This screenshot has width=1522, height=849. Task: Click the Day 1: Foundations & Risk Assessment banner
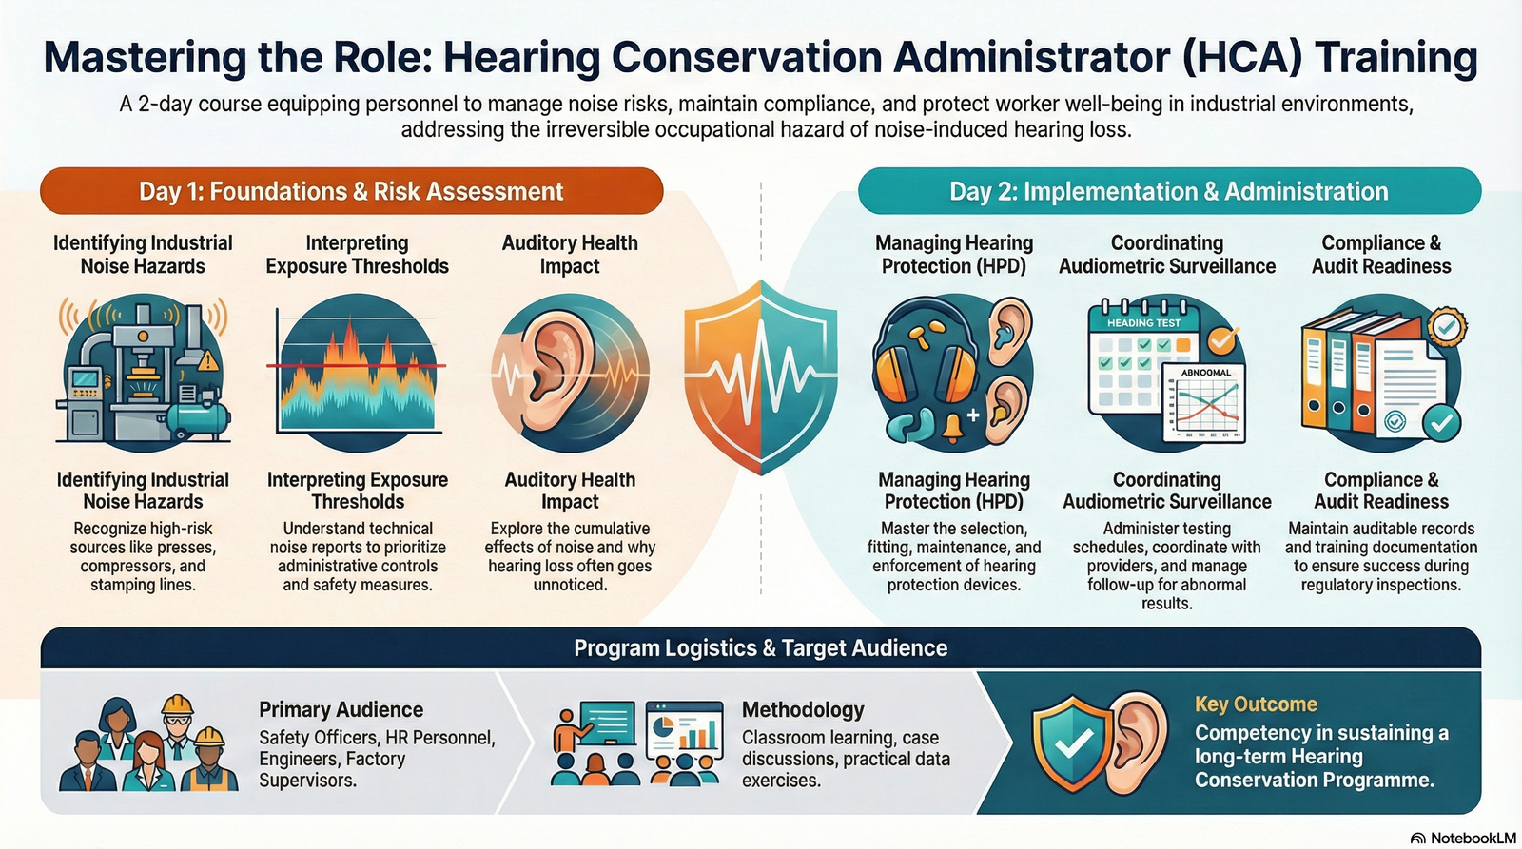(351, 191)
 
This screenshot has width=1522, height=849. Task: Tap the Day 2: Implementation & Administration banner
(1168, 191)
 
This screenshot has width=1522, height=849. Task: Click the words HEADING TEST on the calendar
(1142, 323)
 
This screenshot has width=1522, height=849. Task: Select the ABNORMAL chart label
(1205, 373)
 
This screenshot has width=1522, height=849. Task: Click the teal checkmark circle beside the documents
(1441, 421)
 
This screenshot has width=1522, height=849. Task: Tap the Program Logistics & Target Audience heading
(760, 648)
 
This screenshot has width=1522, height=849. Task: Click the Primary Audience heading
(341, 709)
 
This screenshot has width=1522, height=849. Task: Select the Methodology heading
(803, 709)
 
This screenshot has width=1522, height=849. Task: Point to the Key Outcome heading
(1256, 704)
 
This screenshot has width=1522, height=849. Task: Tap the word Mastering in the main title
(145, 57)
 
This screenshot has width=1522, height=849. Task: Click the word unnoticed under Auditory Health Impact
(570, 585)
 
